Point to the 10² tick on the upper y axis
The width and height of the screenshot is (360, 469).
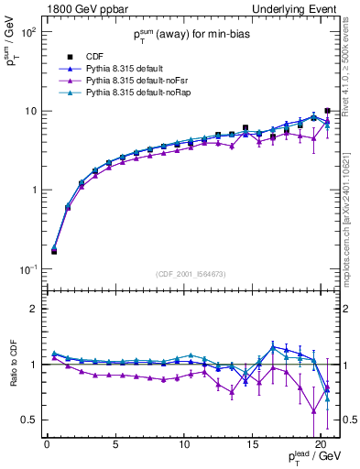(27, 31)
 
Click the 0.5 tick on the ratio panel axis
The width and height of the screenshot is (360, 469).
(28, 420)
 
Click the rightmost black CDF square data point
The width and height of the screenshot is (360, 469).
(328, 111)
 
